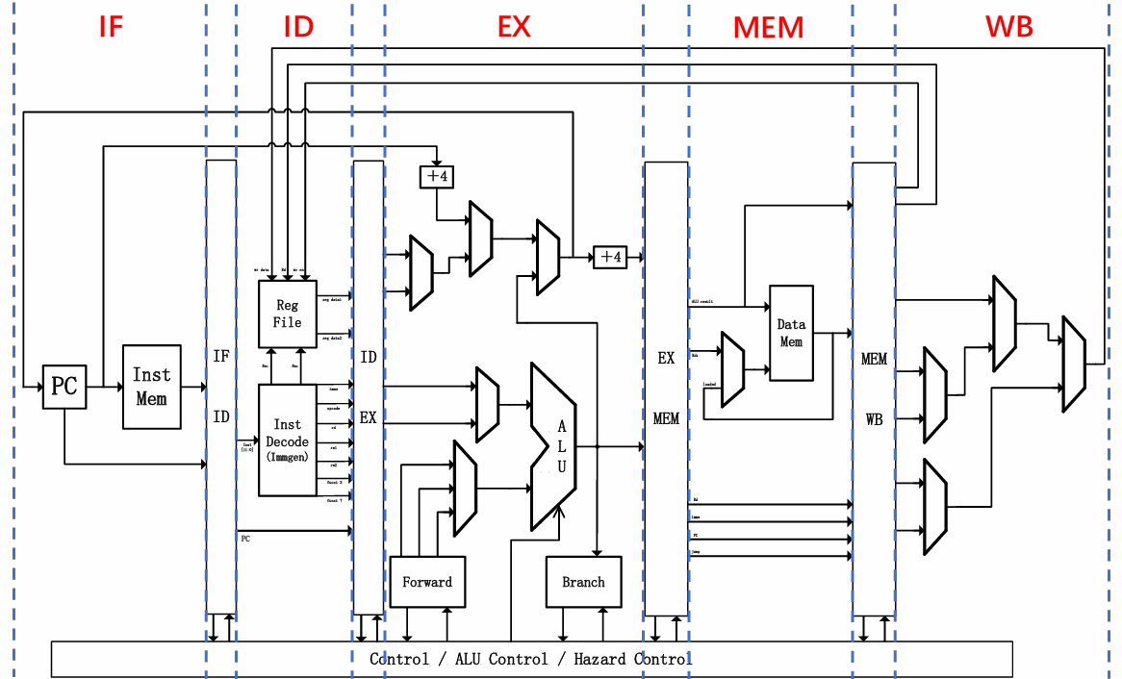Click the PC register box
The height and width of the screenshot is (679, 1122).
(x=64, y=387)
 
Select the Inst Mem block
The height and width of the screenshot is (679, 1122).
(x=151, y=387)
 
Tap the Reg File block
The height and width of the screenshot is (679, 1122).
(x=287, y=314)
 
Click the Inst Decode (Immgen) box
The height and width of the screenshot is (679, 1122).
(x=287, y=440)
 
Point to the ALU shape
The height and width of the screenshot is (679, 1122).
(x=553, y=446)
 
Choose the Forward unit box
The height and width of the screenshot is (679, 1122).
(x=427, y=582)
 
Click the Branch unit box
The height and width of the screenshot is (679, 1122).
(x=583, y=582)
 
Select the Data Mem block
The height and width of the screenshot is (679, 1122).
(x=790, y=333)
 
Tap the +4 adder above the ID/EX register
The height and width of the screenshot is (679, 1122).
(x=436, y=177)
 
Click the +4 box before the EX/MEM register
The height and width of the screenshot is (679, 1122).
(x=610, y=257)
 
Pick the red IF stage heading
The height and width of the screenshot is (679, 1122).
(x=112, y=26)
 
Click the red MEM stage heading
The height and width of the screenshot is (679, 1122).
(x=768, y=27)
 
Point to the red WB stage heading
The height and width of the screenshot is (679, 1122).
(x=1008, y=26)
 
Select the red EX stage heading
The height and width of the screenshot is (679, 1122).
(x=514, y=26)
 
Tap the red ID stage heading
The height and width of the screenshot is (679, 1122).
(x=298, y=26)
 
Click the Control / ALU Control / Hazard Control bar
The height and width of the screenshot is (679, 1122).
(x=530, y=659)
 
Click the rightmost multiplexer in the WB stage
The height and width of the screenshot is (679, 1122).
(x=1073, y=364)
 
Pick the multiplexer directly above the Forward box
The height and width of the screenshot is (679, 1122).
(x=465, y=488)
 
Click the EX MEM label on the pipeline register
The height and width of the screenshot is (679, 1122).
(x=666, y=388)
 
